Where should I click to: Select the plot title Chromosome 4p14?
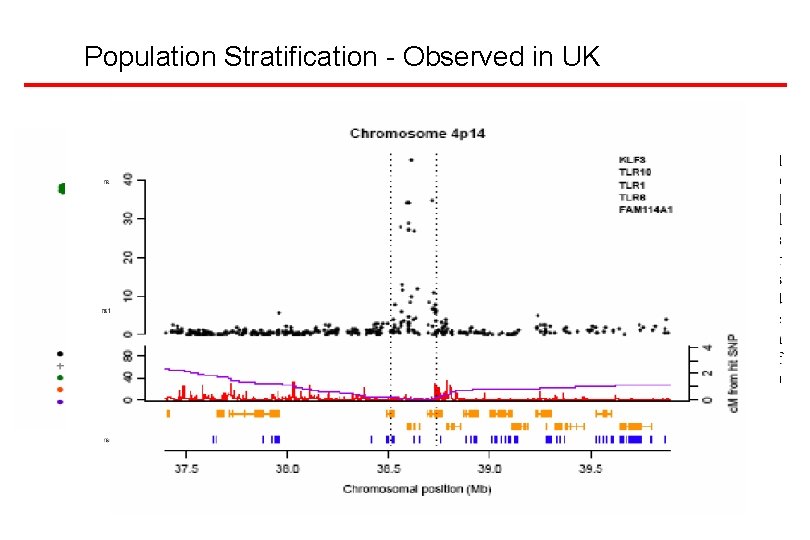417,133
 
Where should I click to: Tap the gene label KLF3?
631,159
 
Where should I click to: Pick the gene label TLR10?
634,172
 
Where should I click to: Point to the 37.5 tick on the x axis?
187,467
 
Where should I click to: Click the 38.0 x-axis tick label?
288,467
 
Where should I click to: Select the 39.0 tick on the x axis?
490,467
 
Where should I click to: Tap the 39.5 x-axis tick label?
590,467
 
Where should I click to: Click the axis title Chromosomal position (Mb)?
417,489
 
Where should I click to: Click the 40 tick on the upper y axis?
127,180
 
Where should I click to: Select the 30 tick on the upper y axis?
127,218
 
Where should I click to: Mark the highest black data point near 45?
411,160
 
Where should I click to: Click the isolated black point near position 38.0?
279,313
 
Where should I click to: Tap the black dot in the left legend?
61,353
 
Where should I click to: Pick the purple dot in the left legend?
61,401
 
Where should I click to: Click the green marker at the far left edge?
62,188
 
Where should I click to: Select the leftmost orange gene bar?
168,412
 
